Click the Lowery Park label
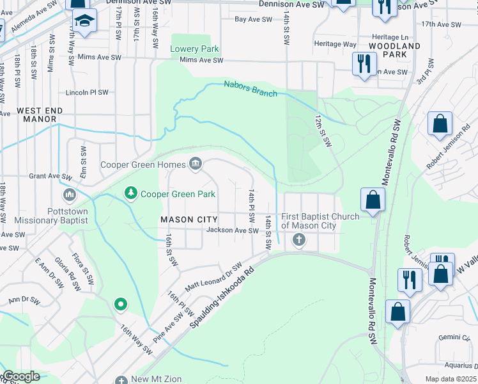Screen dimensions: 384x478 [194, 49]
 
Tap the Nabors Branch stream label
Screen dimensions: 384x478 [251, 88]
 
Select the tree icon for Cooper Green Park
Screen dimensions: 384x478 [131, 193]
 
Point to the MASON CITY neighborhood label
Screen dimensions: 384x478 [189, 220]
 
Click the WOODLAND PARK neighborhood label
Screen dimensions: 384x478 [394, 50]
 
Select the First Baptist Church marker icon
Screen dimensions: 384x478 [298, 241]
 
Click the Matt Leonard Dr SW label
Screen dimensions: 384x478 [213, 276]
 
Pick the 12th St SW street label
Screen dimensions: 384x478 [324, 129]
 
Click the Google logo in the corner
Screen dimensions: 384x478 [21, 376]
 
